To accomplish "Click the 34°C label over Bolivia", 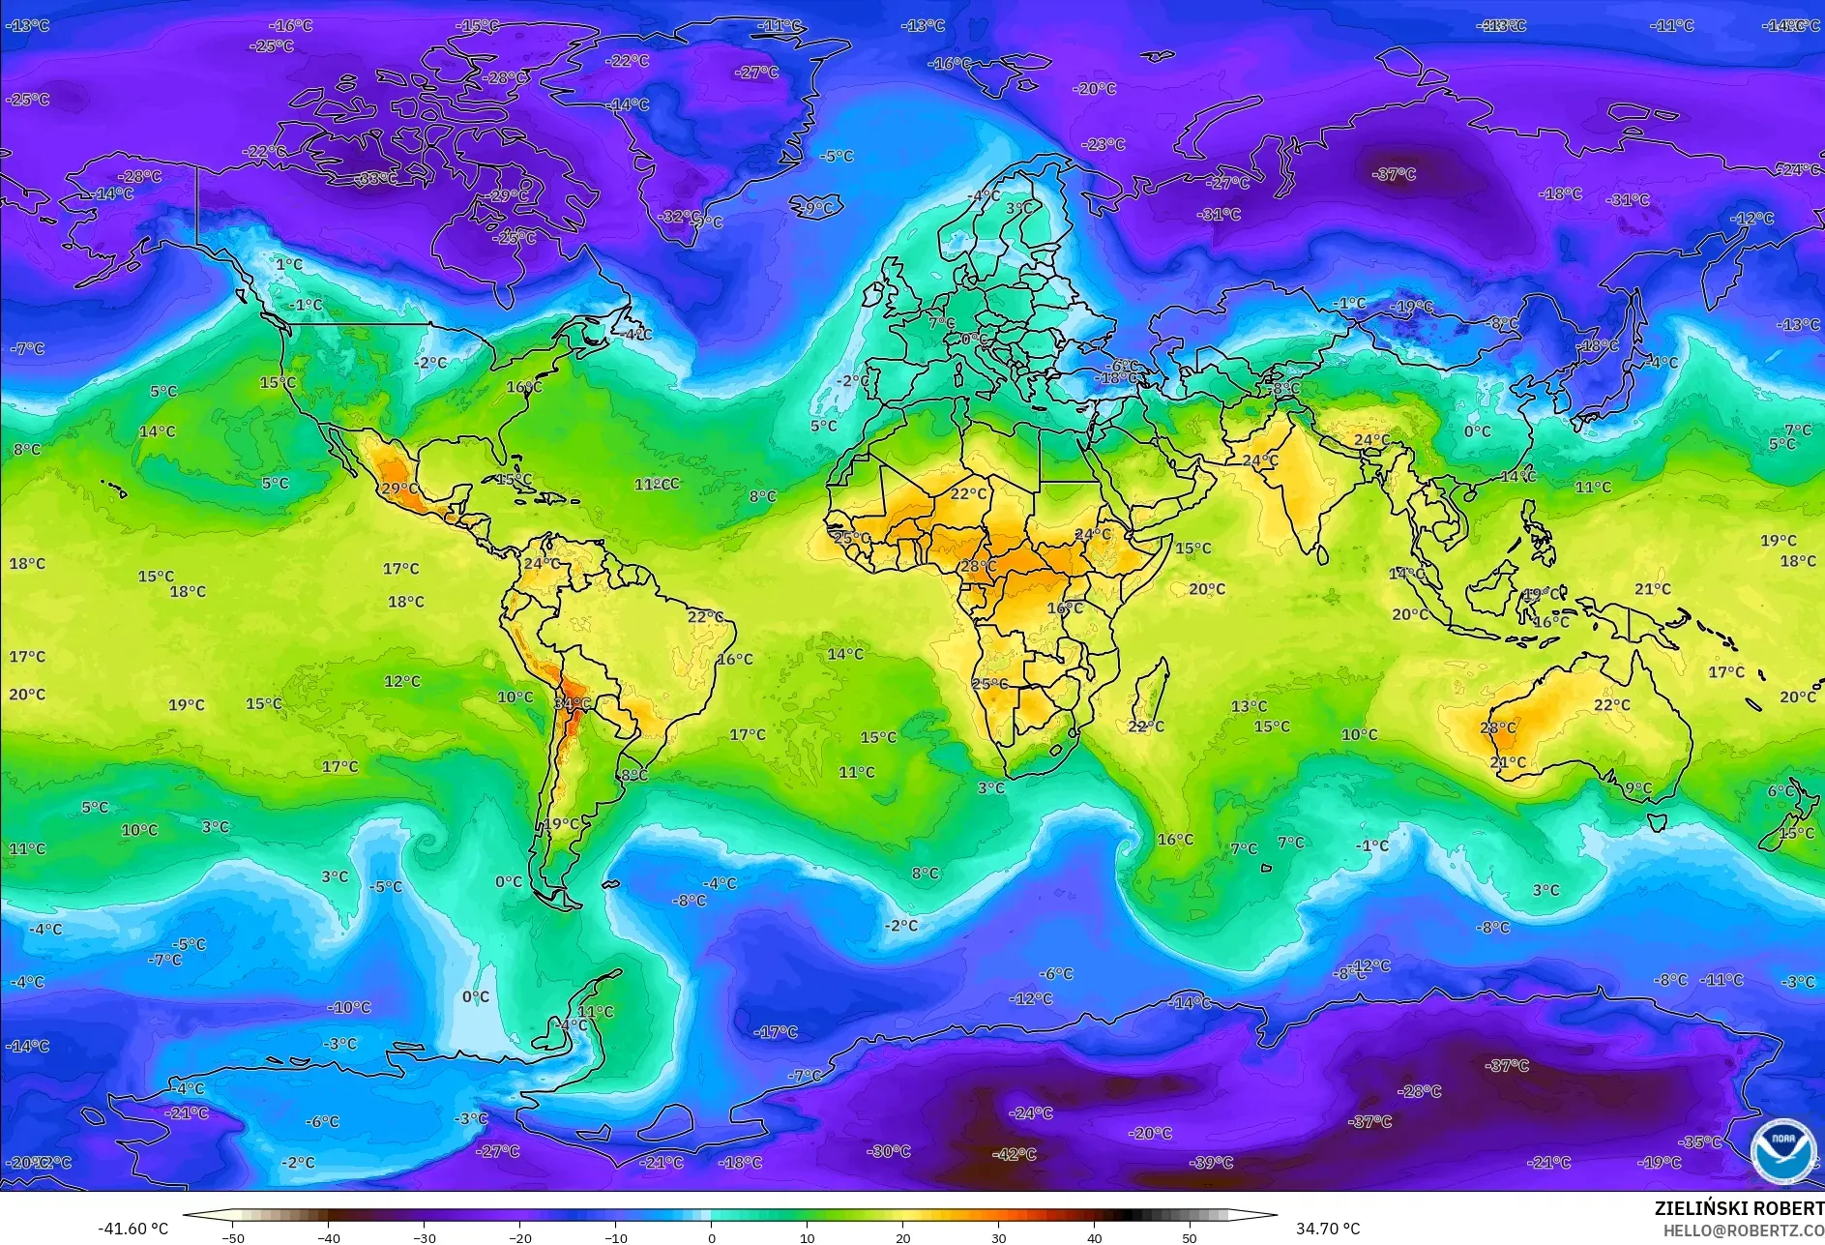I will coord(572,703).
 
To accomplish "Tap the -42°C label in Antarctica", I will coord(1015,1154).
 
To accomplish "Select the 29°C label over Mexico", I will coord(399,489).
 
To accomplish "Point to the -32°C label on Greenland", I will coord(680,216).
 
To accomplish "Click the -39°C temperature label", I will coord(1212,1162).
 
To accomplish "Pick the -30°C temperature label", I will coord(889,1151).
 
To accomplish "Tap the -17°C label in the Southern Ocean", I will coord(777,1032).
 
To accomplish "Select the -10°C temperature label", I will coord(349,1007).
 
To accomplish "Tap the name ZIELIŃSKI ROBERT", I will coord(1739,1208).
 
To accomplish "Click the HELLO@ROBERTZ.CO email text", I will coord(1743,1230).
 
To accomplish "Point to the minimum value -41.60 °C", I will coord(132,1229).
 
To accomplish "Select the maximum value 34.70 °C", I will coord(1328,1229).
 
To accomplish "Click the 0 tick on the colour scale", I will coord(712,1237).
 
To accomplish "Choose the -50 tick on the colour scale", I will coord(233,1237).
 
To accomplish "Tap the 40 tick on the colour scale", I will coord(1094,1237).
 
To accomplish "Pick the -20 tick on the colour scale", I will coord(520,1237).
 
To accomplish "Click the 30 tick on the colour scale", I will coord(998,1237).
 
